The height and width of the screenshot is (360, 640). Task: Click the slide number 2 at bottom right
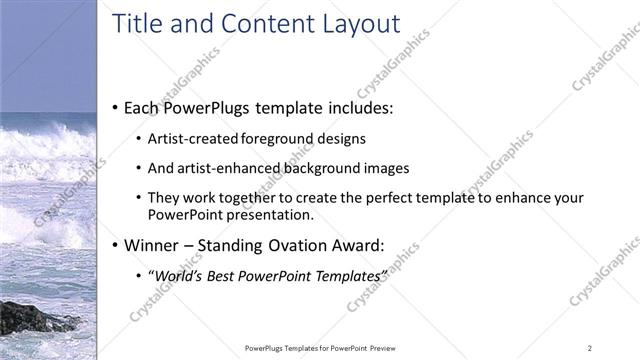click(x=590, y=347)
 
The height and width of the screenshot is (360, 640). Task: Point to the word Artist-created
click(x=189, y=139)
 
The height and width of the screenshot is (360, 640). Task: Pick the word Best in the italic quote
click(x=225, y=275)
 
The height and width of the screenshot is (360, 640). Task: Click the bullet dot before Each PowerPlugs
click(x=115, y=107)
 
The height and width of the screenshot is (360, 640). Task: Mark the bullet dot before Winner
click(x=115, y=245)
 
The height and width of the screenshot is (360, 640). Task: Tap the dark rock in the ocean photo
click(x=30, y=318)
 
